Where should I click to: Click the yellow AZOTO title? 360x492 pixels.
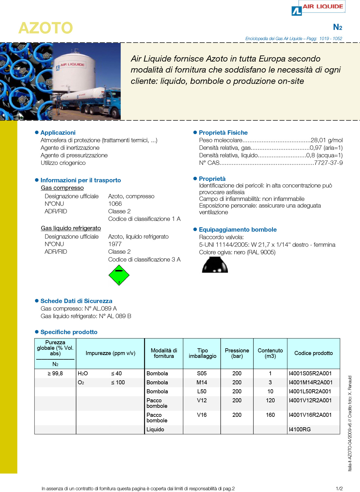click(x=46, y=28)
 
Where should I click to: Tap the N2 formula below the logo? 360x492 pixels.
click(x=337, y=27)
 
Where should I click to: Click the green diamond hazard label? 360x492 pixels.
click(x=119, y=275)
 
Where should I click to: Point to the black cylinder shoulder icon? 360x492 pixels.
click(x=215, y=265)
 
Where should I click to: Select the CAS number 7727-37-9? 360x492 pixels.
click(x=328, y=163)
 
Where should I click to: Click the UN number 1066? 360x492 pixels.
click(x=115, y=204)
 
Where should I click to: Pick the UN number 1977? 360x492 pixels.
click(x=115, y=244)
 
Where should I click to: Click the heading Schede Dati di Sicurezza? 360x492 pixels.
click(x=76, y=301)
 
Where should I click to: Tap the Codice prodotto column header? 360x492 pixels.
click(x=314, y=353)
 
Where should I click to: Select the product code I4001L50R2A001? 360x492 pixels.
click(x=310, y=392)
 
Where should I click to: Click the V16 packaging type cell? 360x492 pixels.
click(x=202, y=415)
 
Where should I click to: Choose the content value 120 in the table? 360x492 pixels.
click(x=270, y=401)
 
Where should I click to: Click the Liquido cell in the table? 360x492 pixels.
click(x=155, y=430)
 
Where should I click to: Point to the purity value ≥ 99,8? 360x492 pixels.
click(x=55, y=374)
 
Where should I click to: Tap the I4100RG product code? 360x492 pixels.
click(x=300, y=430)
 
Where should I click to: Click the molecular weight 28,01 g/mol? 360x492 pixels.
click(x=327, y=140)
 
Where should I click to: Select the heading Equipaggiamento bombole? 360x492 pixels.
click(x=238, y=230)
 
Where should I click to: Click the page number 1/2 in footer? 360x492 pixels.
click(x=339, y=489)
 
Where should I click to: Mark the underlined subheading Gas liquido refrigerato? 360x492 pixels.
click(x=71, y=228)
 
